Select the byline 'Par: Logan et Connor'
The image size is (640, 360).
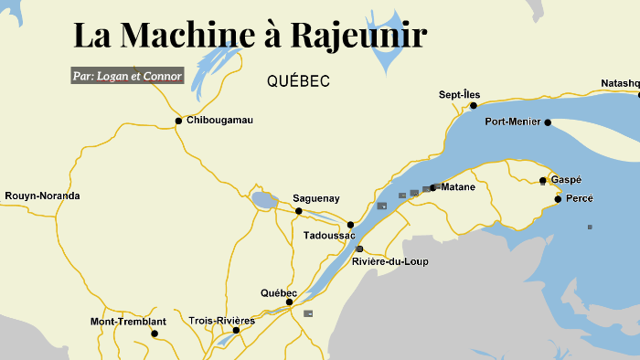128,76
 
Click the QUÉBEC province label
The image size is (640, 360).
298,81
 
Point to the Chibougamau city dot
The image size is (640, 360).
178,121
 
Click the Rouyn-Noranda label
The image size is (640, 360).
42,196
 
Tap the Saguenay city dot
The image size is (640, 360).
298,211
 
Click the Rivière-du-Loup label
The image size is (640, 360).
389,261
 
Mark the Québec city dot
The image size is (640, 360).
289,302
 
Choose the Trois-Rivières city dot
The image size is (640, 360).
236,330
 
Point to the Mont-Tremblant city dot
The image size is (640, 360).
154,334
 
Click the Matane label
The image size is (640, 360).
458,187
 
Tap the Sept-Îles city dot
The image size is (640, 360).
474,106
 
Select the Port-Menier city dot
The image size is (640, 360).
548,122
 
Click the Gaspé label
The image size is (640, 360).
566,180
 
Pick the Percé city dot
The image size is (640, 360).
558,198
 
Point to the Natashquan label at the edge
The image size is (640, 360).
621,83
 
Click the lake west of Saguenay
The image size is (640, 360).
263,200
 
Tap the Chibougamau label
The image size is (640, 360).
219,121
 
